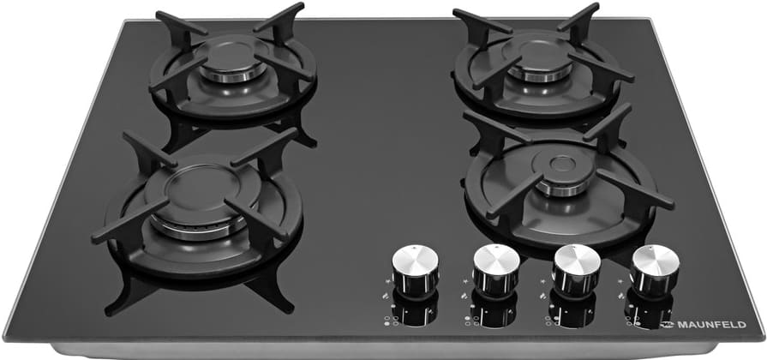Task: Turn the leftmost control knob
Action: (x=416, y=268)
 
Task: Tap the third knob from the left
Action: (x=576, y=270)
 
